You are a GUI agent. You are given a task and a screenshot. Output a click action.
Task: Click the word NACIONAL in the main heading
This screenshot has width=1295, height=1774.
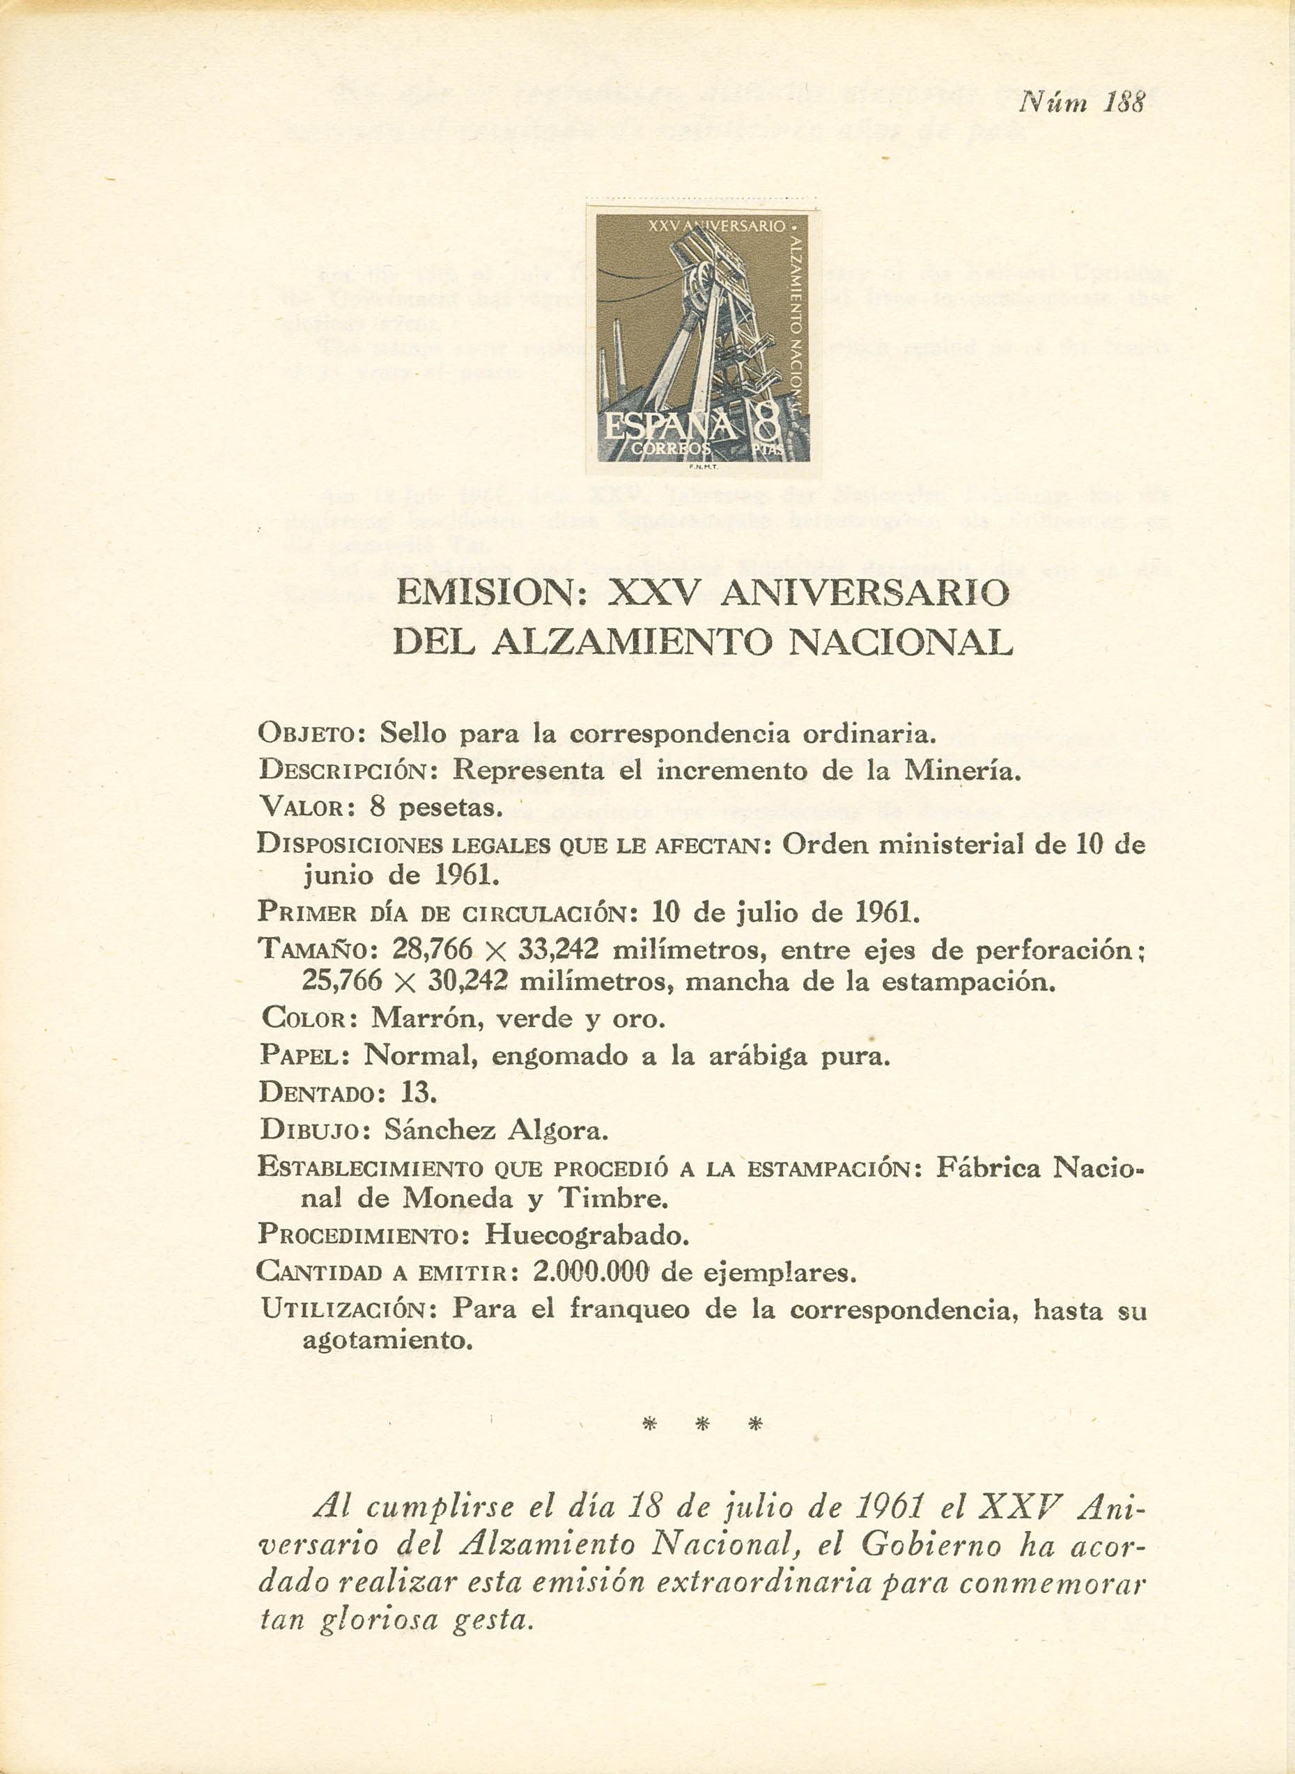900,643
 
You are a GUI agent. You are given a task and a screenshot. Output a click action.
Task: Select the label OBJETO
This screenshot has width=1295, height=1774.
307,735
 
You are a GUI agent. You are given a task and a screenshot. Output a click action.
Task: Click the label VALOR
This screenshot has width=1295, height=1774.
302,808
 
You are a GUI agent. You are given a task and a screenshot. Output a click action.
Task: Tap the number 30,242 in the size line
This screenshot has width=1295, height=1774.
468,981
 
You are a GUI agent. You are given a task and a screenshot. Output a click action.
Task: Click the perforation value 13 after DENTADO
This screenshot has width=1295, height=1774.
419,1092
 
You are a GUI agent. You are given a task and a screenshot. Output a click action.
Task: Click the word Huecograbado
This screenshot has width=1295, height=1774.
587,1236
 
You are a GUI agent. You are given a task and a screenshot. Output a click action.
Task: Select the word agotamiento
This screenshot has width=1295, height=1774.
387,1341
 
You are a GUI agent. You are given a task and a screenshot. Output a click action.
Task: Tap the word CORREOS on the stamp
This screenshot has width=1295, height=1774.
670,449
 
